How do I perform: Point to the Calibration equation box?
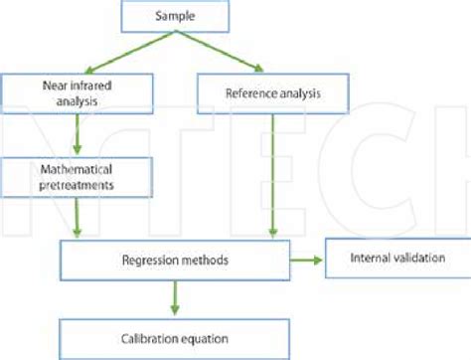pos(174,335)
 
